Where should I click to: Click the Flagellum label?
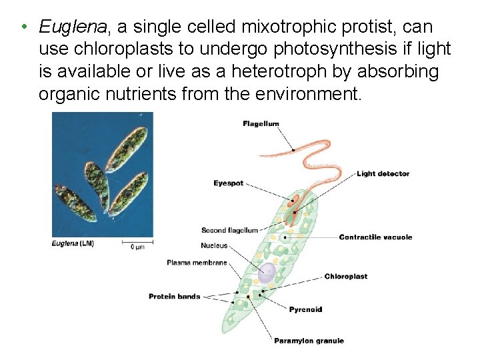[261, 124]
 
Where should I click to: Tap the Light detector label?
[383, 174]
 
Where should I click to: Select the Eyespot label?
[228, 183]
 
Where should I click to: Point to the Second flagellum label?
[229, 231]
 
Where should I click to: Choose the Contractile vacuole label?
[375, 237]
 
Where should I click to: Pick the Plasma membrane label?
[197, 263]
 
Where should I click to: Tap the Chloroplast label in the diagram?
[345, 277]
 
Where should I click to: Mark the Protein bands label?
[174, 297]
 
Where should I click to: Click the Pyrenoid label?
[305, 309]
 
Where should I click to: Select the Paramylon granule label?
[309, 341]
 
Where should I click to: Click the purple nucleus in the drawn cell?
[267, 271]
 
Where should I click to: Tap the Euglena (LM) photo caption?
[73, 244]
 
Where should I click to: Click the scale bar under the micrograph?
[137, 243]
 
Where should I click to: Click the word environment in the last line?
[307, 93]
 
